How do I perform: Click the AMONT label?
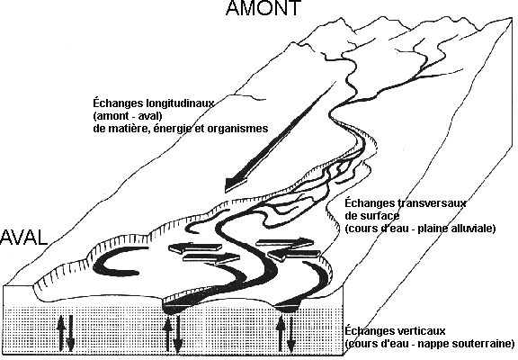263,7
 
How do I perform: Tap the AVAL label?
23,238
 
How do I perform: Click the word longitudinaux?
180,103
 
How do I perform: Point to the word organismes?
237,129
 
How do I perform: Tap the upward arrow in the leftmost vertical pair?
60,333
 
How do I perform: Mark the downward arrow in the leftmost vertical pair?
70,334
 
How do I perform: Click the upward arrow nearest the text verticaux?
281,333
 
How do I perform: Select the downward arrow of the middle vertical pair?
178,334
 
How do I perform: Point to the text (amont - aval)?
128,116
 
